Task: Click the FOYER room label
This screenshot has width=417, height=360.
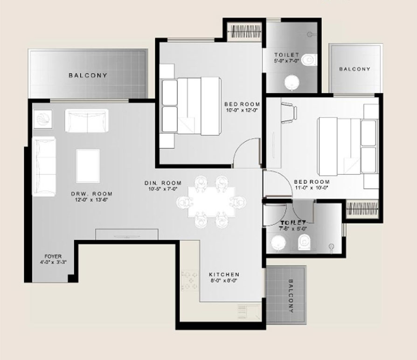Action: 53,256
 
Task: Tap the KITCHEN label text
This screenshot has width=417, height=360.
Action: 224,274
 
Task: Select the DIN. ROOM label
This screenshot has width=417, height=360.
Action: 163,183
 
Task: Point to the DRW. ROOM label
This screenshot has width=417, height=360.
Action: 92,194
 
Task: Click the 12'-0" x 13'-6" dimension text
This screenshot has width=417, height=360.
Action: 91,200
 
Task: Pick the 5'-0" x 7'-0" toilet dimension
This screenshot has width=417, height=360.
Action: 286,61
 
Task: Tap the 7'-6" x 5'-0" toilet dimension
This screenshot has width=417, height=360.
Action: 292,228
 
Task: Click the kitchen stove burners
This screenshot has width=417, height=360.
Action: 190,280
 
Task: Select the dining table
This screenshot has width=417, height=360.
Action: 211,202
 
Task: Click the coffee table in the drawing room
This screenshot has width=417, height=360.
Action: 88,166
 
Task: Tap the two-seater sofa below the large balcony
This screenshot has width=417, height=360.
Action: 87,121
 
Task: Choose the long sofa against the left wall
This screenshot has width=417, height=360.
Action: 44,166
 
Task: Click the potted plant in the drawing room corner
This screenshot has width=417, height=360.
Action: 43,119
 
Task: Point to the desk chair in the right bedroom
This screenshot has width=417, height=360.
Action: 289,113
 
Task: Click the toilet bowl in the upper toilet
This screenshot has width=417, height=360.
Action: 310,60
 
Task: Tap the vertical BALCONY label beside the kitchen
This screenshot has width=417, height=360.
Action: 291,296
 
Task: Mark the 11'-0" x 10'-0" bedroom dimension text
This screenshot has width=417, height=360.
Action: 312,188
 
